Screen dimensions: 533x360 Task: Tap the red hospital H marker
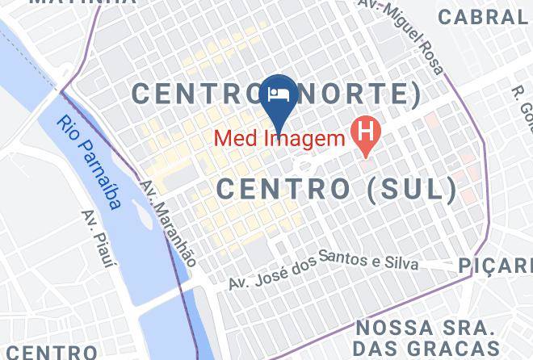pyautogui.click(x=366, y=132)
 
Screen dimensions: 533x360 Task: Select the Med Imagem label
pyautogui.click(x=279, y=139)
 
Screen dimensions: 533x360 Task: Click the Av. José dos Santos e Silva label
pyautogui.click(x=323, y=272)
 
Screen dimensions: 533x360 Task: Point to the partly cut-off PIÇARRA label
pyautogui.click(x=494, y=265)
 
